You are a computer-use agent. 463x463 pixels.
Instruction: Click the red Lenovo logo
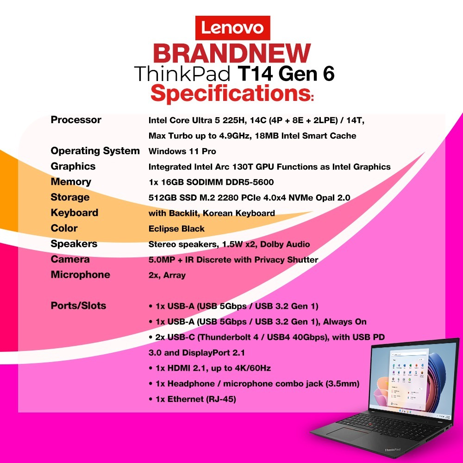click(233, 28)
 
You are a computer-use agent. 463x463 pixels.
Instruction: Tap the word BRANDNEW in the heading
click(232, 53)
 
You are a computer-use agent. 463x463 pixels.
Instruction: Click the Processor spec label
click(76, 120)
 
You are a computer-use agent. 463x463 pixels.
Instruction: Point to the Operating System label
click(95, 151)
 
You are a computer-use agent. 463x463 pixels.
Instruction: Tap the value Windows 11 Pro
click(182, 151)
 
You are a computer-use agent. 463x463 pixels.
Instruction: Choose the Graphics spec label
click(73, 166)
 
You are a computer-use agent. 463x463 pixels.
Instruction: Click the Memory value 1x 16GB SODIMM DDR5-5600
click(211, 182)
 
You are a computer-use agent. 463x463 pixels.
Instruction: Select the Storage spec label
click(70, 197)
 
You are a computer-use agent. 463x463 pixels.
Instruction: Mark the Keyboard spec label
click(75, 213)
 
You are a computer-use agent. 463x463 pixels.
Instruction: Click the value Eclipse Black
click(176, 229)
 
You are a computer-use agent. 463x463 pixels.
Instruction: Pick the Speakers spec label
click(74, 244)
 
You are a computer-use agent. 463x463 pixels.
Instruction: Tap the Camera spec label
click(70, 259)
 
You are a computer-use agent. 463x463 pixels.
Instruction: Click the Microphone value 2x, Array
click(167, 275)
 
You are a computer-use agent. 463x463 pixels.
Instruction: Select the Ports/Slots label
click(78, 306)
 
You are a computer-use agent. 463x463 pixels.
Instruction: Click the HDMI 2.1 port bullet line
click(210, 368)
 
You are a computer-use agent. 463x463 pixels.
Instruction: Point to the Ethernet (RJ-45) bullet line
click(192, 399)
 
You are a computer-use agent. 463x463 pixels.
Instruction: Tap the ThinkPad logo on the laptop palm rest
click(393, 450)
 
